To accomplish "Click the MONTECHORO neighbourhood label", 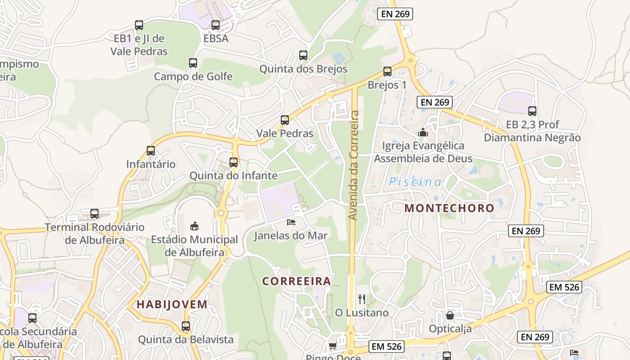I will [449, 208].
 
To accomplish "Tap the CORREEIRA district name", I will [297, 281].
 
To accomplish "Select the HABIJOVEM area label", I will [172, 304].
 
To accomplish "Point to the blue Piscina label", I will [415, 182].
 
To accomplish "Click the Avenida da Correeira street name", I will [354, 166].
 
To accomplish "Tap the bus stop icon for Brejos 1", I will [387, 71].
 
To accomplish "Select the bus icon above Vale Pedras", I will [284, 120].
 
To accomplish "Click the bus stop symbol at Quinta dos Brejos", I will [303, 55].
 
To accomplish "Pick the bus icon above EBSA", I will [216, 25].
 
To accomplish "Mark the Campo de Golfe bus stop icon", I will [193, 63].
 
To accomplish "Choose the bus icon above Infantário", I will [150, 151].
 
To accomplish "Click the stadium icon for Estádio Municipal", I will [194, 225].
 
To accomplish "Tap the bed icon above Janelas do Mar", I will [291, 222].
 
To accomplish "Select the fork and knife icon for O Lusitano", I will [361, 299].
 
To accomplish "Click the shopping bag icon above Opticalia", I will [450, 315].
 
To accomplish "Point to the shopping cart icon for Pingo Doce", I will [333, 346].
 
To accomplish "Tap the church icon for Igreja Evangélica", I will [423, 132].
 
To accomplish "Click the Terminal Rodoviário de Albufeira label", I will [94, 234].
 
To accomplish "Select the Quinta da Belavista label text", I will [186, 339].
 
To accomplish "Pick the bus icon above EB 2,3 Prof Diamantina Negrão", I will [532, 111].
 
